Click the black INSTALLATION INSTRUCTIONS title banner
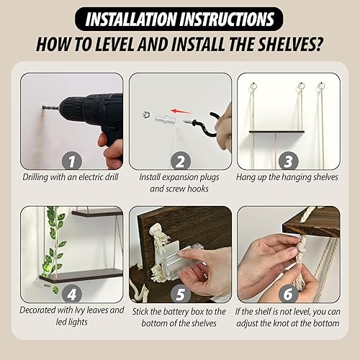(x=181, y=18)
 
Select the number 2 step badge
(x=180, y=159)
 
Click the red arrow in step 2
(x=186, y=112)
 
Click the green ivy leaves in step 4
(x=53, y=245)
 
